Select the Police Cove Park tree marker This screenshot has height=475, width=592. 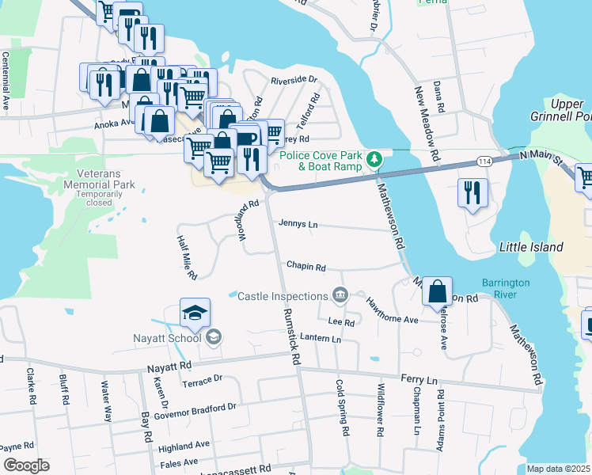tap(376, 161)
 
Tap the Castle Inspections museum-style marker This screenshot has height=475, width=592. tap(340, 295)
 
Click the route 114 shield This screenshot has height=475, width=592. tap(484, 161)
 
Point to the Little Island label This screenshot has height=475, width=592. tap(530, 247)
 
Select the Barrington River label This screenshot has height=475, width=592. tap(510, 289)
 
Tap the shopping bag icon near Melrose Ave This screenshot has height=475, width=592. tap(437, 291)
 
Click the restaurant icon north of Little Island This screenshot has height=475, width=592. tap(473, 195)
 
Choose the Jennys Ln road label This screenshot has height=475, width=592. tap(298, 225)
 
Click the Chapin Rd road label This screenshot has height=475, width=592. tap(306, 268)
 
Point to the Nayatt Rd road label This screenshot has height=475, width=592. tap(169, 367)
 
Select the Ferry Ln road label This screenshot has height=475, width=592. tap(419, 381)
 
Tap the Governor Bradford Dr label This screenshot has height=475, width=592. tap(195, 408)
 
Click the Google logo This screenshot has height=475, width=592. tap(26, 465)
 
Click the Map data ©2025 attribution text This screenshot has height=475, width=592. tap(559, 469)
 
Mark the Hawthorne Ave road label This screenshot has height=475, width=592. tap(391, 310)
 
